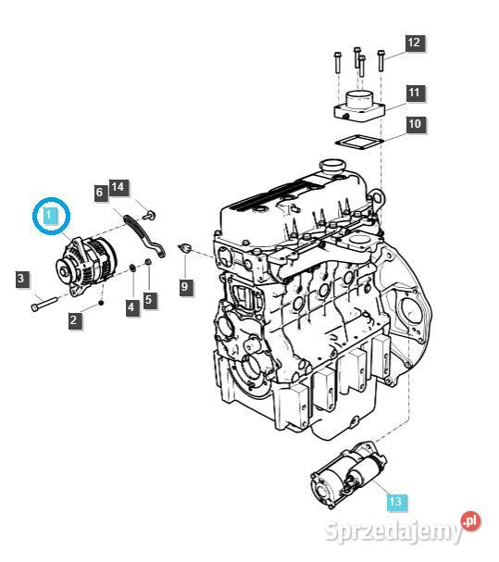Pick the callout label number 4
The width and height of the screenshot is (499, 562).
click(132, 306)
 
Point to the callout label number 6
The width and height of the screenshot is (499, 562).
click(100, 193)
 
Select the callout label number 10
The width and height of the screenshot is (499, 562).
click(414, 123)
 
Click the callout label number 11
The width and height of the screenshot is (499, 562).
click(414, 93)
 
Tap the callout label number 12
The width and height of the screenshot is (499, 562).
click(414, 43)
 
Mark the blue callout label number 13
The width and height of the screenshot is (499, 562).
click(395, 502)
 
